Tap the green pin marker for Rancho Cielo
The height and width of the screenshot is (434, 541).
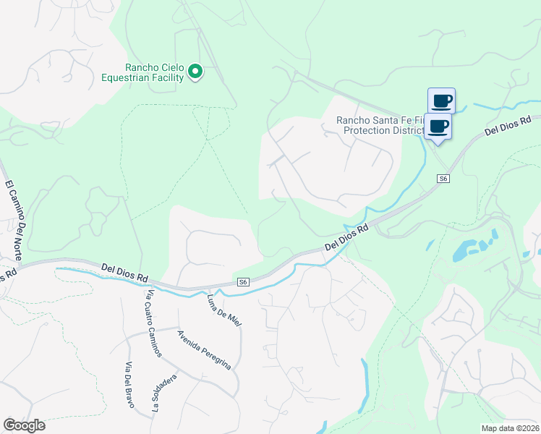tap(195, 72)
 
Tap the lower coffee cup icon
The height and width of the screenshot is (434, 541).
tap(438, 126)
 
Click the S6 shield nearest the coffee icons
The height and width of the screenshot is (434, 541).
tap(443, 178)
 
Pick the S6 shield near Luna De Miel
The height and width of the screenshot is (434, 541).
tap(244, 282)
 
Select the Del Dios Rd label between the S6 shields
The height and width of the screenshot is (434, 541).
tap(347, 237)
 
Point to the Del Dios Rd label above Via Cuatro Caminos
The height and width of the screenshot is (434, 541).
tap(124, 272)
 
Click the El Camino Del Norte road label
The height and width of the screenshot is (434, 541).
tap(14, 220)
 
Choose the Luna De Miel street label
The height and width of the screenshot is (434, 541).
tap(223, 310)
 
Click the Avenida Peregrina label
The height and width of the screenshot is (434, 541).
tap(205, 349)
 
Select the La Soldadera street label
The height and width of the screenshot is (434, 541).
tap(164, 393)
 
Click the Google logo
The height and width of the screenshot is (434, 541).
tap(24, 425)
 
